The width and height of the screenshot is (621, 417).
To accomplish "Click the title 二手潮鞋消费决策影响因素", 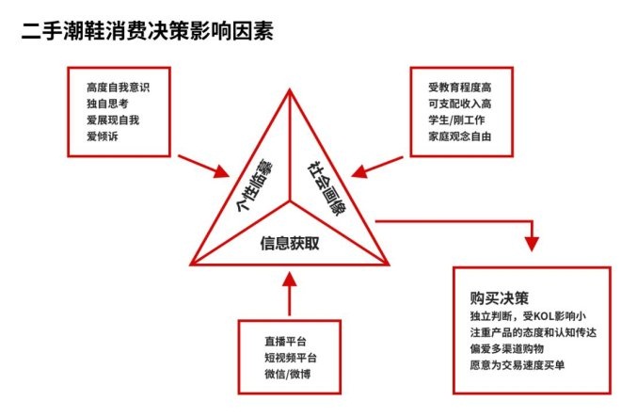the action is [x=148, y=31].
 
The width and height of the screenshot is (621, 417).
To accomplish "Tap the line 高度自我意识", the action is [x=118, y=88].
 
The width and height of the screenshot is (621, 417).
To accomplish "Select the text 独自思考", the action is [x=107, y=104].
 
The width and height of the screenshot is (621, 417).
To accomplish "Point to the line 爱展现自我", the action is [x=113, y=120].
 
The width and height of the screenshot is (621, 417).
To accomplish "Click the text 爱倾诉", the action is [x=103, y=136].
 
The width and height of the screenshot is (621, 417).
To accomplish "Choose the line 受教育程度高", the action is [x=460, y=88].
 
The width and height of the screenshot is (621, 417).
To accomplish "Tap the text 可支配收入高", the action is [x=460, y=104].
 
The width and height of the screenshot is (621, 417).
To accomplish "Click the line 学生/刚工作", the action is [x=456, y=120].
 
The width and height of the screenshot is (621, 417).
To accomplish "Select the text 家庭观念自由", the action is [x=460, y=136].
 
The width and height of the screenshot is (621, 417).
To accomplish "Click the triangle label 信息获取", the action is [x=290, y=243].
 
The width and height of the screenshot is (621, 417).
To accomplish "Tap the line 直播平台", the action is [x=285, y=342].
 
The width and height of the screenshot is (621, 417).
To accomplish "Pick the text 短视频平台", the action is [x=291, y=358].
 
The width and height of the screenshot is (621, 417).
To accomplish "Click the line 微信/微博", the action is [x=288, y=374].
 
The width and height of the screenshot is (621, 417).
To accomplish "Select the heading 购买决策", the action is [x=500, y=298].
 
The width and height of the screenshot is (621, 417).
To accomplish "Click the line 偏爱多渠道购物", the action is [x=507, y=349].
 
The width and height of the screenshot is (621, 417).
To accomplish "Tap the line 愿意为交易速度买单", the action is [x=517, y=365].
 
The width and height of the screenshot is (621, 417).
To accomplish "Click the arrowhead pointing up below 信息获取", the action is [x=290, y=279].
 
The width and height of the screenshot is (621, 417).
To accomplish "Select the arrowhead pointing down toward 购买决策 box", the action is [x=532, y=244].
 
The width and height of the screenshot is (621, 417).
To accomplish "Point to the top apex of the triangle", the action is [x=290, y=89].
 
